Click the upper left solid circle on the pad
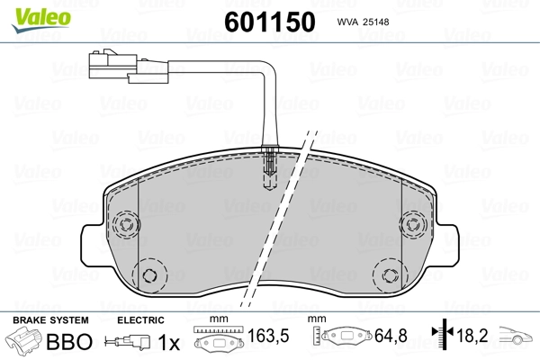[125, 225]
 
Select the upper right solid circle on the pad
[415, 225]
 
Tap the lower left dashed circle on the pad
[149, 274]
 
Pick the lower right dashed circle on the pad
[391, 274]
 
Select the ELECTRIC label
[140, 320]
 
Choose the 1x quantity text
[167, 342]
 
